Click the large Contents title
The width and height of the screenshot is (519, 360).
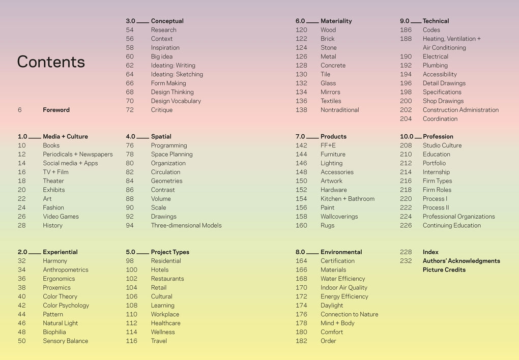(51, 62)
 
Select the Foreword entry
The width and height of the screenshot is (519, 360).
(56, 110)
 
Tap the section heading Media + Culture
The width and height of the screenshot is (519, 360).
(65, 136)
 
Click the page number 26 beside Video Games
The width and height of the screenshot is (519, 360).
(21, 217)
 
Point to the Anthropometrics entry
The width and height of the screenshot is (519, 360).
(66, 270)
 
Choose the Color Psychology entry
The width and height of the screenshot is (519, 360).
(66, 306)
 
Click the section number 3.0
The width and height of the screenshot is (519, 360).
(131, 21)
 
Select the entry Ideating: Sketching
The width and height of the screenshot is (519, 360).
(177, 74)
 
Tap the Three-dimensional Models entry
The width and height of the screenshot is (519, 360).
(186, 225)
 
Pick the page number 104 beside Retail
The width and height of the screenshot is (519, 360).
(132, 288)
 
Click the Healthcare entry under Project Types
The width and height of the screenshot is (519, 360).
(165, 323)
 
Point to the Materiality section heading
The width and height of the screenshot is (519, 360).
(336, 21)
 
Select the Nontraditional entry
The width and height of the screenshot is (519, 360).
(339, 110)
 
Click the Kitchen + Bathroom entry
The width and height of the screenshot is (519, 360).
(348, 199)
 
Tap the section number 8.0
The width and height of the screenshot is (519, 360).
(300, 252)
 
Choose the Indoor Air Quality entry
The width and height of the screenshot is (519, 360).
(344, 288)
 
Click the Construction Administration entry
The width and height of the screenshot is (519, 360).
(460, 110)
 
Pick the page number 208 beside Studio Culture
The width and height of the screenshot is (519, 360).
(406, 145)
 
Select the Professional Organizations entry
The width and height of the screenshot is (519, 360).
(458, 217)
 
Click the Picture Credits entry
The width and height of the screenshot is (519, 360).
(444, 270)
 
